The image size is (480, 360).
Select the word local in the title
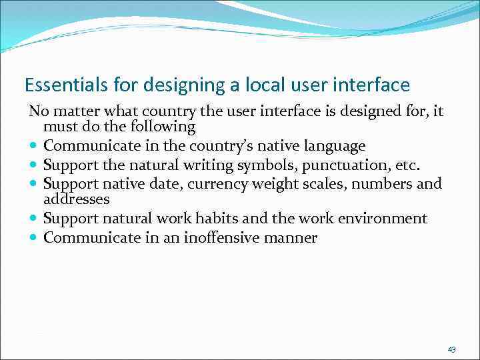[240, 85]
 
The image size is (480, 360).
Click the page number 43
[452, 349]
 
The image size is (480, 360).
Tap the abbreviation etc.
[407, 165]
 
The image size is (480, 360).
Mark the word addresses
[76, 199]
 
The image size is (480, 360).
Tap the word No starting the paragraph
[37, 110]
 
